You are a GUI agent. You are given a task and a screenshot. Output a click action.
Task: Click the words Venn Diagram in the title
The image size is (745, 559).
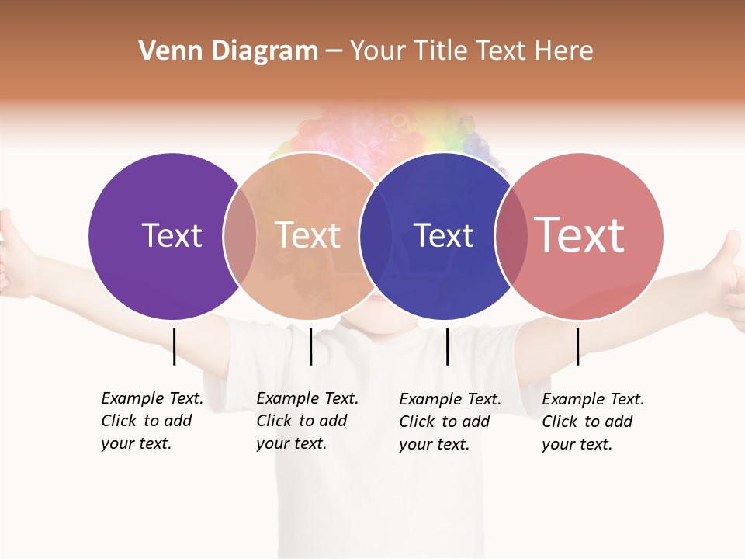click(x=228, y=51)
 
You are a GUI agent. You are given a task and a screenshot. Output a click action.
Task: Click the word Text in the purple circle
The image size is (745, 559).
click(x=172, y=235)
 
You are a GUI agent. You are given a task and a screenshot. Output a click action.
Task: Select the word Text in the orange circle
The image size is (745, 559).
click(x=308, y=235)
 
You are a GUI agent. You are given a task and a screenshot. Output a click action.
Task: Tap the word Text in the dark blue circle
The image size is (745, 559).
click(x=443, y=235)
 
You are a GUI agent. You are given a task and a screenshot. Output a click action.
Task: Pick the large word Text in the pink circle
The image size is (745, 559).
click(x=580, y=234)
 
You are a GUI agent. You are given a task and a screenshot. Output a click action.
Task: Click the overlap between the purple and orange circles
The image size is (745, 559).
click(x=240, y=236)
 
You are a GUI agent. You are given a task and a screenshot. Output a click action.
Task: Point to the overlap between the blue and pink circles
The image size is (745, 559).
click(x=511, y=236)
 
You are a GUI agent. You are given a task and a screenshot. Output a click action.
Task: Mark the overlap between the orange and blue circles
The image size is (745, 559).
click(x=376, y=236)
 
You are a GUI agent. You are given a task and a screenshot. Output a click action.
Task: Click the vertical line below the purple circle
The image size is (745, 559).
click(x=174, y=346)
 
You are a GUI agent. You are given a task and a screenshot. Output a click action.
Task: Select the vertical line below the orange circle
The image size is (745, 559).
click(x=310, y=346)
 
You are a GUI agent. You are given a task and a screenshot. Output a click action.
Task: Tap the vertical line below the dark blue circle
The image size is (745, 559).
click(x=447, y=346)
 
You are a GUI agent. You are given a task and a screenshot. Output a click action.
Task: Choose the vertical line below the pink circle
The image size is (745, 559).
click(x=577, y=346)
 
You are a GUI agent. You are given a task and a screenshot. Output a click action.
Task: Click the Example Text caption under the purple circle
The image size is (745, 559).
click(x=152, y=421)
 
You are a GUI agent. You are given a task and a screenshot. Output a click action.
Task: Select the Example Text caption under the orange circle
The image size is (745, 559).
click(x=307, y=421)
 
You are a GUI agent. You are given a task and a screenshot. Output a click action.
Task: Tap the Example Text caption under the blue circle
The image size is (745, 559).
click(x=450, y=422)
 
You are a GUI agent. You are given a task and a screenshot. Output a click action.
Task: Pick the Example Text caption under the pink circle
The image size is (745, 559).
click(x=593, y=422)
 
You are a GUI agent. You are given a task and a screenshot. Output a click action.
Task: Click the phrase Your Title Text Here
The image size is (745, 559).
click(x=471, y=51)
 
